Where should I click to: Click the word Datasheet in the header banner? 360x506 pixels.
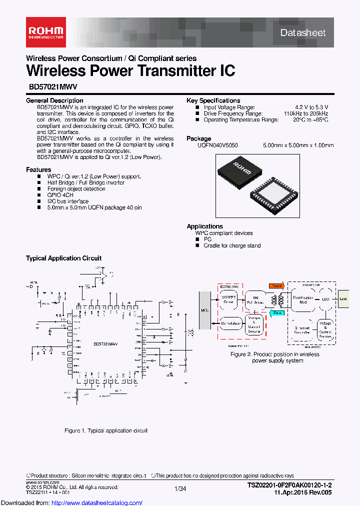point(303,33)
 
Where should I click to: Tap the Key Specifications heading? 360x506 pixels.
point(213,100)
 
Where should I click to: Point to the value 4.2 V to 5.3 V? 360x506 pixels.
point(311,107)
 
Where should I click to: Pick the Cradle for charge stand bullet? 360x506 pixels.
point(232,245)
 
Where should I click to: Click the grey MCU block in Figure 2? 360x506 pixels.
point(205,310)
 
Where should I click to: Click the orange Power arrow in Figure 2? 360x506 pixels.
point(275,285)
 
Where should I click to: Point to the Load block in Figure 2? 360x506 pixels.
point(344,298)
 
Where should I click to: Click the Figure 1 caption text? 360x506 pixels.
point(106,430)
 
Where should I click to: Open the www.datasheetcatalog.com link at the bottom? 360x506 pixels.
point(71,502)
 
